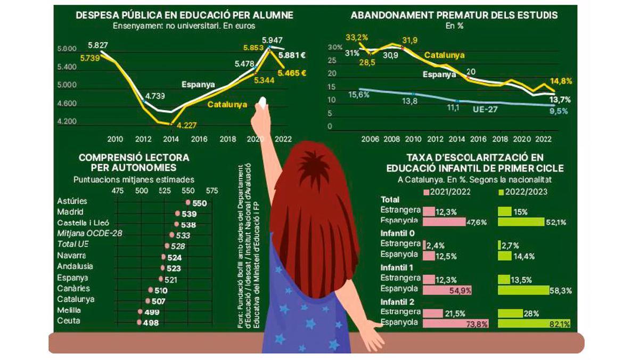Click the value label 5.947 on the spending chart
(272, 40)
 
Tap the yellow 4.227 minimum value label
(186, 126)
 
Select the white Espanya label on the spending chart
(198, 84)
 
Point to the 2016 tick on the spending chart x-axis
(199, 140)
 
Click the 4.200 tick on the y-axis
(67, 121)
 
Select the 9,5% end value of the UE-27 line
(559, 111)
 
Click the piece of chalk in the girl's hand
(262, 102)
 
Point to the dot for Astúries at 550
(188, 202)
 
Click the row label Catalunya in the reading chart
(75, 299)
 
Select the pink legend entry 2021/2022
(447, 192)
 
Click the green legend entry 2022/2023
(522, 192)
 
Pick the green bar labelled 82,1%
(534, 323)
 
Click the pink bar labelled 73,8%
(455, 323)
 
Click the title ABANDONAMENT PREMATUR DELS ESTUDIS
(454, 15)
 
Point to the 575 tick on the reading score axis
(211, 190)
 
